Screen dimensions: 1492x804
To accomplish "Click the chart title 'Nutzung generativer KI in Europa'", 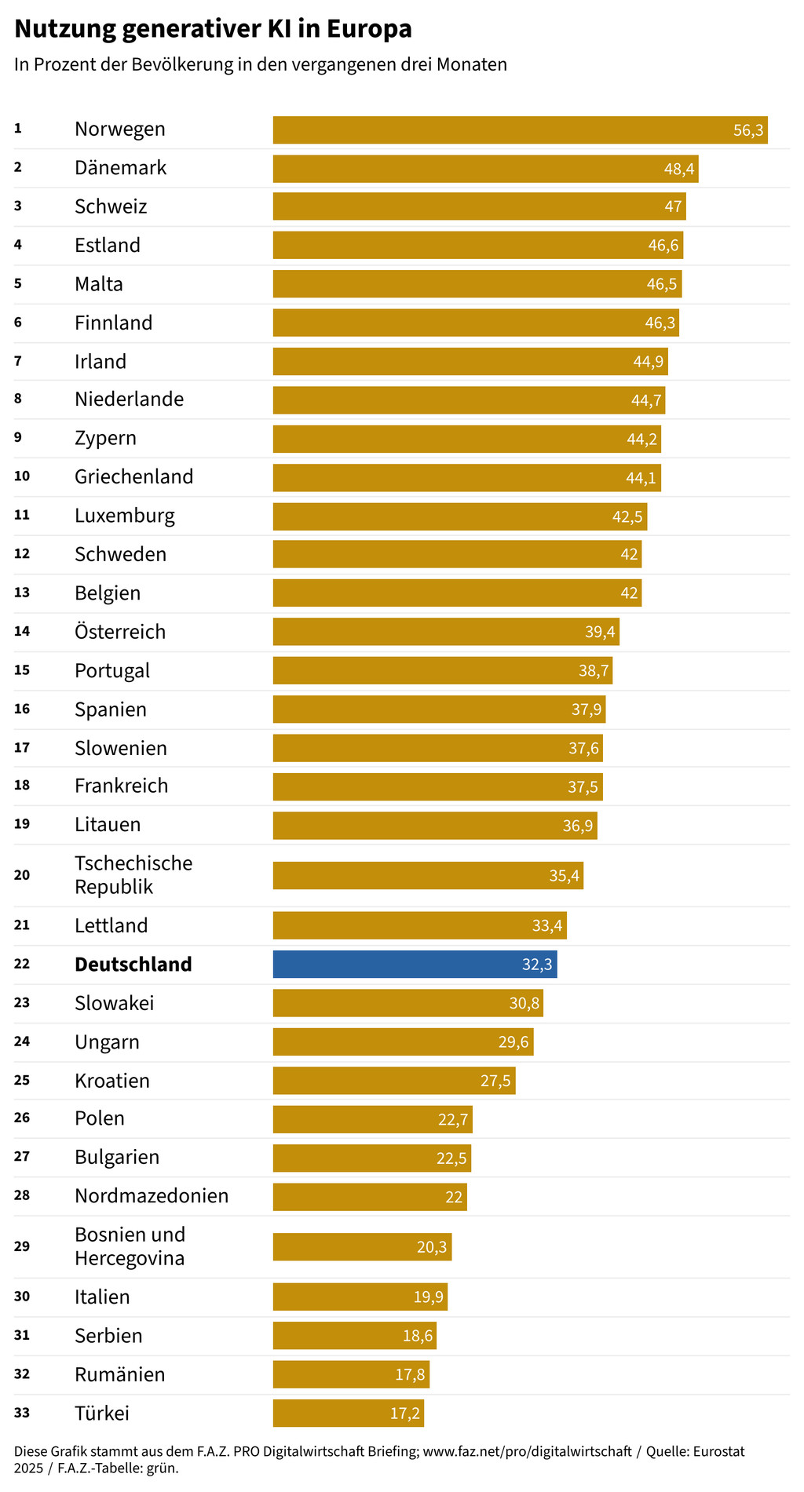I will pos(213,29).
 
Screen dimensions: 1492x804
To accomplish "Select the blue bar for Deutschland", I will pos(415,964).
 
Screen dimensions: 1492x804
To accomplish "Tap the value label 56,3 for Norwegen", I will pos(747,130).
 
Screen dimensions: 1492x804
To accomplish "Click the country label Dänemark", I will pos(120,168).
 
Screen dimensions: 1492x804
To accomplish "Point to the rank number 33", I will pos(22,1413).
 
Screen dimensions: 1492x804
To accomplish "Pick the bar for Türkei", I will pos(348,1413).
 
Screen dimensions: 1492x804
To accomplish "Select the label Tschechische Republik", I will pos(133,874).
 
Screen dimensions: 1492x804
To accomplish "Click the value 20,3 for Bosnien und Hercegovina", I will pos(431,1247).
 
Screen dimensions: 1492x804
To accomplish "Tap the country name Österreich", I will pos(120,632).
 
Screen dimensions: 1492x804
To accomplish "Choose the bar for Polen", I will pos(372,1119).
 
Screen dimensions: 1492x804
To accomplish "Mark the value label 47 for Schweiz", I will pos(673,207).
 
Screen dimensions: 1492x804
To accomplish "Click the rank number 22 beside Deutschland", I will pos(22,964).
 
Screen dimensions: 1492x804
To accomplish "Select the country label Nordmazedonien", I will pos(152,1196).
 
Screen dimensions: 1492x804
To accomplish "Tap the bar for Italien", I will pos(360,1297).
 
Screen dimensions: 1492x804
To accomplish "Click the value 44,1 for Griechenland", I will pos(641,478).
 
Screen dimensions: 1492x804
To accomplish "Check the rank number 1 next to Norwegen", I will pos(18,129).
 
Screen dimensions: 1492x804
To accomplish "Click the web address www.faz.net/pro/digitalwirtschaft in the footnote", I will pos(527,1451).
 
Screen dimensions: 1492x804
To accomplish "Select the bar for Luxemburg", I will pos(459,516).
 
